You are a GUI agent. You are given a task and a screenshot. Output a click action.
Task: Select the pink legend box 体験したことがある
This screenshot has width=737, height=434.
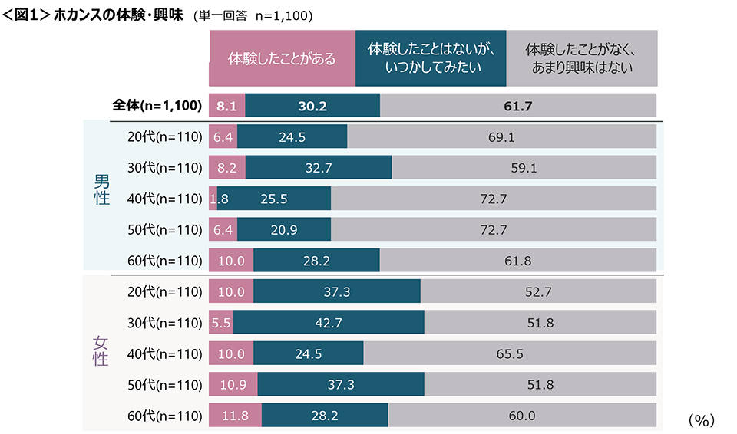282,58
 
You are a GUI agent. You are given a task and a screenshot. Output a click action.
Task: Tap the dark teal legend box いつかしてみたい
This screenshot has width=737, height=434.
430,58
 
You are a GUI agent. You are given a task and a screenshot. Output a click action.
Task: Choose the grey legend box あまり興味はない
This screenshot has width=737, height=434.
581,58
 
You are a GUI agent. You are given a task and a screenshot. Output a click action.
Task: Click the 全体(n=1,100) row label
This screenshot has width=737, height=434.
157,106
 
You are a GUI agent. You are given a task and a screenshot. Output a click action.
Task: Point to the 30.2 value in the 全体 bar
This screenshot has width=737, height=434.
312,106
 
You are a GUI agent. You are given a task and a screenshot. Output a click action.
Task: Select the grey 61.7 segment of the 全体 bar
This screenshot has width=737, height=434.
518,106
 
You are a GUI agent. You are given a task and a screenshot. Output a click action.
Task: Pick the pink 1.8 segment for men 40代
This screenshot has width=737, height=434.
213,199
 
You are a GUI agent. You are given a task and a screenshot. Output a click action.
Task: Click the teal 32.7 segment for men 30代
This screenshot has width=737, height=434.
329,168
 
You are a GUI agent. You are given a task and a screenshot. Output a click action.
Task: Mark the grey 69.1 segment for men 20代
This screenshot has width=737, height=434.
501,137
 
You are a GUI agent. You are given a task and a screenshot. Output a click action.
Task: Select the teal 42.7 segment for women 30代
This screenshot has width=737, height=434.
329,323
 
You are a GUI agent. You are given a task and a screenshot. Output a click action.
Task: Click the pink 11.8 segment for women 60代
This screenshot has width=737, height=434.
235,416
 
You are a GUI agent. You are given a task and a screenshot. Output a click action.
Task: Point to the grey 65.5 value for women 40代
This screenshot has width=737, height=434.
510,353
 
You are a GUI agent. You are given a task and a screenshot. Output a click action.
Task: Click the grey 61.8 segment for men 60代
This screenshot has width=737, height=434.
518,261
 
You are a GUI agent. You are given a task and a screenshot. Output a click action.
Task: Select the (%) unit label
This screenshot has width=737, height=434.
701,419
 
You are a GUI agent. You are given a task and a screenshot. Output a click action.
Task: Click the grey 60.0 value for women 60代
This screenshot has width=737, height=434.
522,416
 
